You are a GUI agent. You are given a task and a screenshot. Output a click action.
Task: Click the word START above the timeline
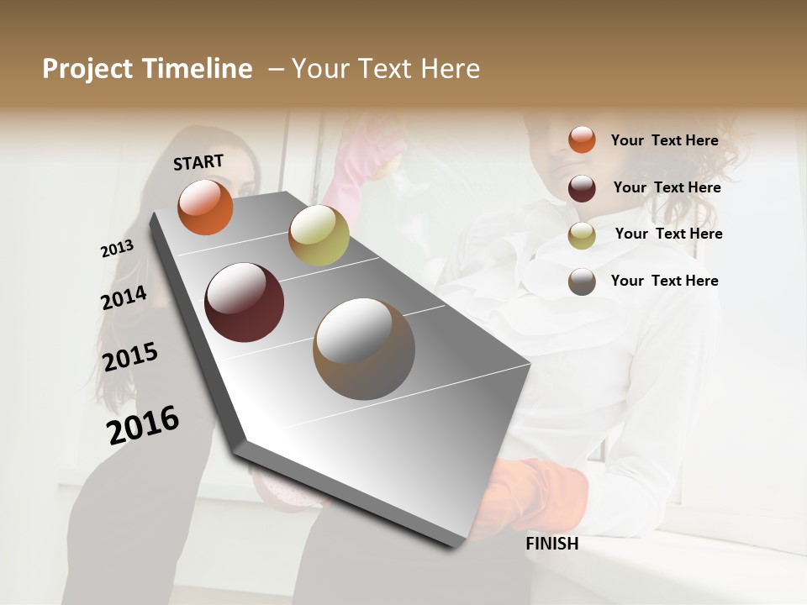tap(198, 162)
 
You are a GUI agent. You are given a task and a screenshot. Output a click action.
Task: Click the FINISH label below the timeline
tap(552, 544)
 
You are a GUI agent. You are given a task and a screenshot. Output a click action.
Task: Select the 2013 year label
tap(117, 249)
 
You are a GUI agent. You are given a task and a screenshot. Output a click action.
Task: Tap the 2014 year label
tap(124, 297)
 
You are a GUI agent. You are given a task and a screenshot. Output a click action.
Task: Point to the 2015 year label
tap(130, 357)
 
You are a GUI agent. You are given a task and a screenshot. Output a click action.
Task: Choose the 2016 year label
tap(143, 425)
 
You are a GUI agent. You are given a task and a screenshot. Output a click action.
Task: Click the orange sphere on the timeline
tap(205, 207)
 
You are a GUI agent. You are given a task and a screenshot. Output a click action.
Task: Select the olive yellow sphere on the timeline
tap(319, 235)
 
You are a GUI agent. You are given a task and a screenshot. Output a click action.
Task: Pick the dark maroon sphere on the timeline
tap(245, 302)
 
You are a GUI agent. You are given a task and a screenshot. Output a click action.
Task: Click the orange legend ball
tap(582, 139)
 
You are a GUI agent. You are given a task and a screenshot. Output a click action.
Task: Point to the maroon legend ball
tap(582, 188)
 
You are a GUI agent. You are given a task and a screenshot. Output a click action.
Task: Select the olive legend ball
tap(582, 235)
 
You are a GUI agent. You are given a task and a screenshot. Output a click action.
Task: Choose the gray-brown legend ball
tap(582, 281)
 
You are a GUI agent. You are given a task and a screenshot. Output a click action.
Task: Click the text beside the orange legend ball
tap(664, 140)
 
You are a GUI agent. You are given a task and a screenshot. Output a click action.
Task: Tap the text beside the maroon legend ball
tap(667, 187)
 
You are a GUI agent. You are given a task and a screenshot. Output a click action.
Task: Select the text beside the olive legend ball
tap(668, 234)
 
